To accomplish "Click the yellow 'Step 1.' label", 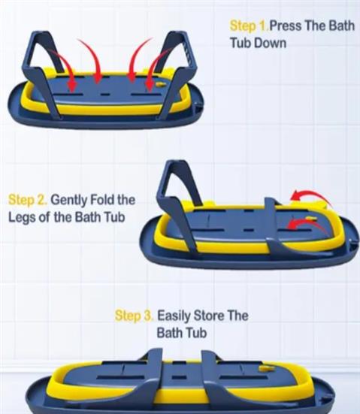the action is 249,26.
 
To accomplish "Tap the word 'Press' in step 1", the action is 286,26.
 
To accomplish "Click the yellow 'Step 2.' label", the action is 28,200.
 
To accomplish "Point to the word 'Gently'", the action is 68,200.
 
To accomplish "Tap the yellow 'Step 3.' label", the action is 134,316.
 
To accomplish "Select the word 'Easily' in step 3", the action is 174,316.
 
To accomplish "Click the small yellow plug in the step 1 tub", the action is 161,84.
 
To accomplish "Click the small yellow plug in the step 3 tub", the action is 263,368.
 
